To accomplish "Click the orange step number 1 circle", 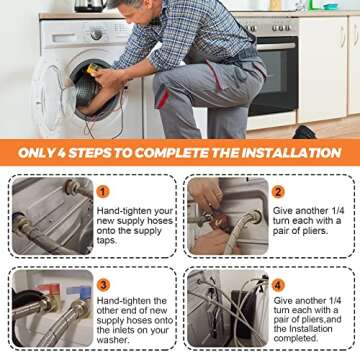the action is pos(103,192).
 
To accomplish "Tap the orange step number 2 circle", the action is pos(278,192).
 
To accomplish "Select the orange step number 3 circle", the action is pos(103,285).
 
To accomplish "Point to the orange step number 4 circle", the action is pos(278,285).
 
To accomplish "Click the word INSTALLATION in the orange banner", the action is pos(291,153).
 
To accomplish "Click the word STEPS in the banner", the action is pos(88,153).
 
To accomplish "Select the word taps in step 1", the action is pos(107,241).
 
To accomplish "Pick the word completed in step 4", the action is pos(296,338).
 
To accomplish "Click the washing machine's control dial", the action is pos(96,35).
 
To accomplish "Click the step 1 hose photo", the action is pos(53,216).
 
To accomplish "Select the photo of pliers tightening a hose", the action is pos(228,216).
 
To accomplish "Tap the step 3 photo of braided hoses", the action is pos(53,308).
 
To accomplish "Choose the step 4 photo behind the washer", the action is pos(228,308).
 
